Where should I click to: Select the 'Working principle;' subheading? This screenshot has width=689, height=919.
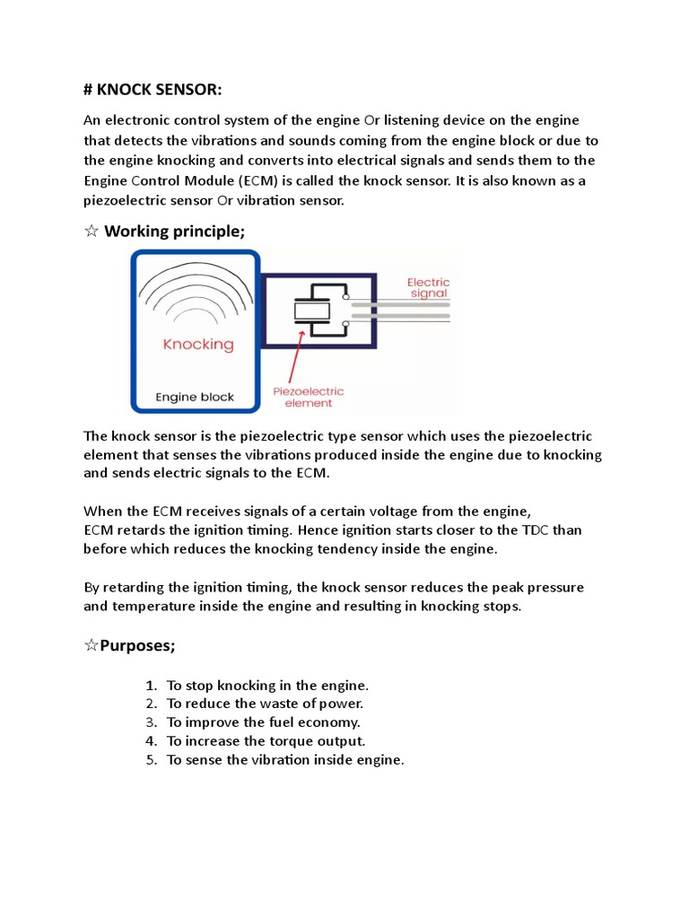(x=174, y=232)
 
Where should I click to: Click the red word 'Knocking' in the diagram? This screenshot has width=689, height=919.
(x=197, y=344)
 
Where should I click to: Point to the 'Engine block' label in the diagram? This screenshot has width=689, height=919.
(x=195, y=396)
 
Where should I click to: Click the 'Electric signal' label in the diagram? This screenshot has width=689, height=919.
(x=428, y=287)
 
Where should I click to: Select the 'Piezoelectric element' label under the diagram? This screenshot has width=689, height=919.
(x=308, y=398)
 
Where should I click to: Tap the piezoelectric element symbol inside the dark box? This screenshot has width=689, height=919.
(x=312, y=311)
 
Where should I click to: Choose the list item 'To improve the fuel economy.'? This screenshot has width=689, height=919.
(x=263, y=722)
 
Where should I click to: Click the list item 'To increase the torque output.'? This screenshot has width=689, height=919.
(x=266, y=741)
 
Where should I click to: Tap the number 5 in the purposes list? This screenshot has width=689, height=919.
(x=151, y=760)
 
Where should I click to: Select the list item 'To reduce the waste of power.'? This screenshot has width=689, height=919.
(x=265, y=704)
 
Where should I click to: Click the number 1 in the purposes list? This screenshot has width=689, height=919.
(x=151, y=685)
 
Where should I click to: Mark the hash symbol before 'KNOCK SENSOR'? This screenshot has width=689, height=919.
(x=88, y=92)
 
